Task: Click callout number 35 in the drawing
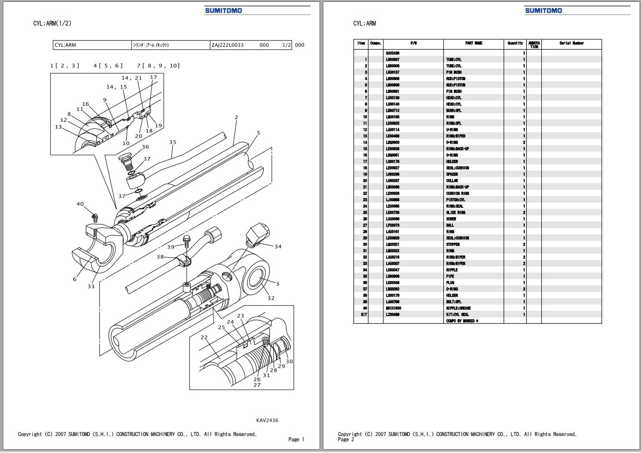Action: [173, 142]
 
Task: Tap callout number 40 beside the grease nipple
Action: [80, 204]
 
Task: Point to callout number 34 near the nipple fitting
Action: [278, 246]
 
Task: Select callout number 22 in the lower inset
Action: [204, 337]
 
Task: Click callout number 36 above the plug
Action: [145, 147]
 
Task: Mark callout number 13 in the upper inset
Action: [58, 127]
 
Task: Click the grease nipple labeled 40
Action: [95, 217]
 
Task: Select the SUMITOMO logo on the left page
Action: [223, 10]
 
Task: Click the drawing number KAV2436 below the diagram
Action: [267, 420]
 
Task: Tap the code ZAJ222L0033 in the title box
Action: [227, 45]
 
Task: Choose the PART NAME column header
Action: [474, 43]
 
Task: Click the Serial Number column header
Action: [571, 43]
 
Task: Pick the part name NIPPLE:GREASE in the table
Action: [458, 308]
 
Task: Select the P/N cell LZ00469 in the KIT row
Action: [392, 314]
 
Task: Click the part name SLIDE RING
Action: [455, 213]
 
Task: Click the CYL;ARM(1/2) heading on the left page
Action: [52, 23]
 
